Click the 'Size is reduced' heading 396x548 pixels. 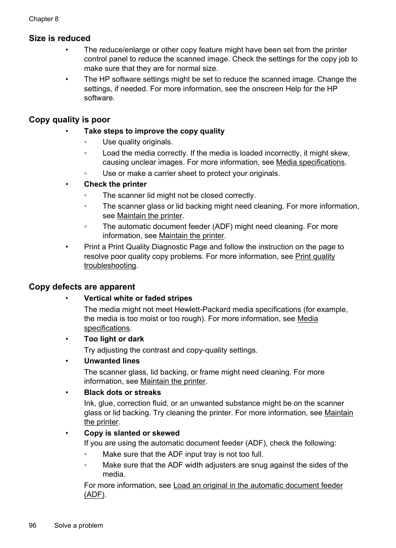pyautogui.click(x=59, y=39)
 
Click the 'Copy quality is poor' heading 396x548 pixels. pyautogui.click(x=69, y=120)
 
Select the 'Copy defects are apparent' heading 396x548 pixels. pyautogui.click(x=82, y=287)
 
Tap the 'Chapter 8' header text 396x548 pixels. pyautogui.click(x=44, y=19)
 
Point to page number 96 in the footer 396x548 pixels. pyautogui.click(x=33, y=526)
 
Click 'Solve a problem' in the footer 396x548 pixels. pyautogui.click(x=78, y=526)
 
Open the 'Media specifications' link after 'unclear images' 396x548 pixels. pyautogui.click(x=310, y=163)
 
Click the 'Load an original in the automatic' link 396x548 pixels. pyautogui.click(x=258, y=485)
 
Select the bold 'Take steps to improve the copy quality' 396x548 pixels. pyautogui.click(x=154, y=132)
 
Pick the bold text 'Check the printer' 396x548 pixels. pyautogui.click(x=115, y=185)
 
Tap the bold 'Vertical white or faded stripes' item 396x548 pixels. pyautogui.click(x=138, y=299)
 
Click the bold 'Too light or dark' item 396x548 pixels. pyautogui.click(x=114, y=339)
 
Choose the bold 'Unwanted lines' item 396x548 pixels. pyautogui.click(x=112, y=361)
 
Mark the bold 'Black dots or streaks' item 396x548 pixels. pyautogui.click(x=122, y=393)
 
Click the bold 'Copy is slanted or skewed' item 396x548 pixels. pyautogui.click(x=132, y=434)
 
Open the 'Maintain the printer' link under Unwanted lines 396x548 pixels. pyautogui.click(x=173, y=382)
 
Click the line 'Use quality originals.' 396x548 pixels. pyautogui.click(x=137, y=142)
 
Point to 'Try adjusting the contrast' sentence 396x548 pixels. pyautogui.click(x=171, y=351)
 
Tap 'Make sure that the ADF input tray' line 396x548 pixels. pyautogui.click(x=183, y=455)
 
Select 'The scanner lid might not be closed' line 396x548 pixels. pyautogui.click(x=179, y=196)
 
